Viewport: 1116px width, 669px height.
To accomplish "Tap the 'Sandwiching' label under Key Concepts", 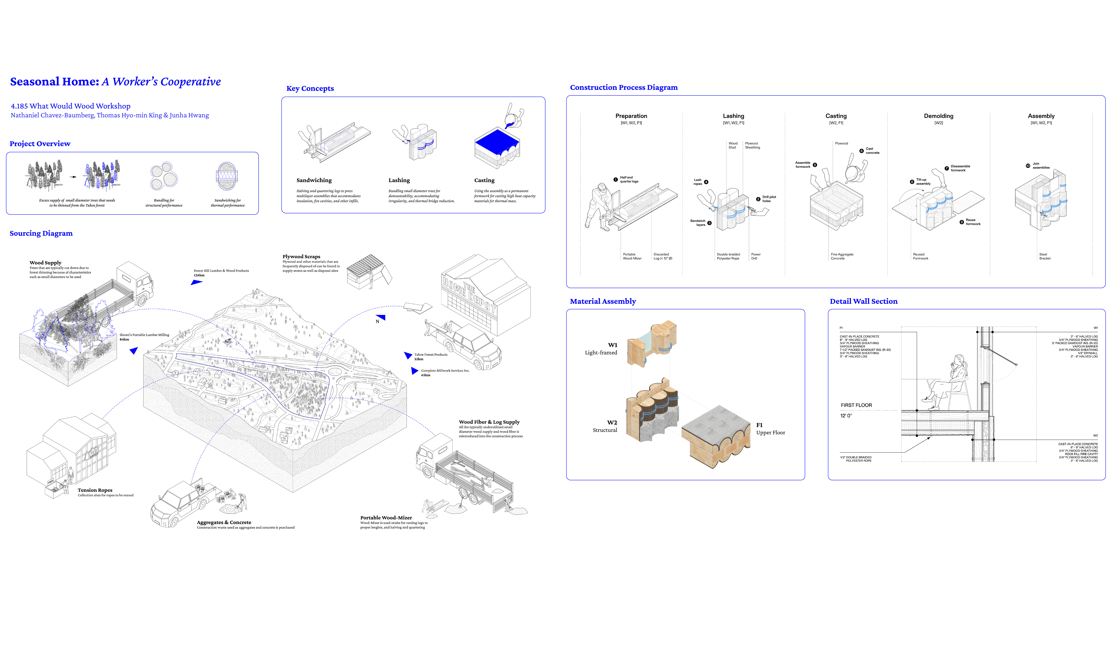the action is coord(314,180).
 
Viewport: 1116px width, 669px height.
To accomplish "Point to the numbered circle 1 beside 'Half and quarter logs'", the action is coord(615,179).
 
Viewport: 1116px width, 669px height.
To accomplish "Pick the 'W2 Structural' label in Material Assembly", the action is coord(605,426).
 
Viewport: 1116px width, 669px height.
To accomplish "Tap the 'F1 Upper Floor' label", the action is coord(770,429).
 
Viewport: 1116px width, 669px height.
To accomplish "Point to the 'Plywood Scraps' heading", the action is coord(301,257).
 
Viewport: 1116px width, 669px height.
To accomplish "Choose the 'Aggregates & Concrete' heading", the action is coord(224,523).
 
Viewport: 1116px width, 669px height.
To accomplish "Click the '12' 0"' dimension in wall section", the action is coord(846,416).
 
